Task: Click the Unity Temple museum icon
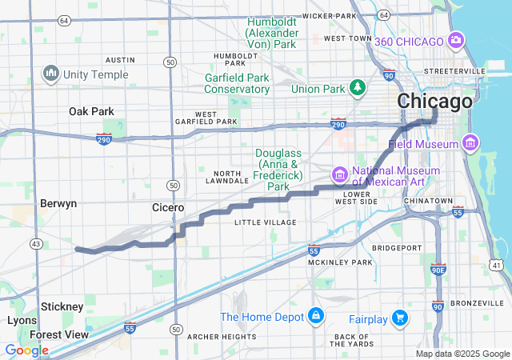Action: (x=52, y=74)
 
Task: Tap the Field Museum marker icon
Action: (x=470, y=144)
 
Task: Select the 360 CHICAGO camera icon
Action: (x=456, y=40)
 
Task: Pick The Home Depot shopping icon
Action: (x=317, y=316)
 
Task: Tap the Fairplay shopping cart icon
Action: (x=400, y=319)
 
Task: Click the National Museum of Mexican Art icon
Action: (x=340, y=174)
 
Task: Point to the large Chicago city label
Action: (x=434, y=102)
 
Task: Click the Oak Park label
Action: (x=91, y=111)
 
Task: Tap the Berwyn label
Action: (x=58, y=203)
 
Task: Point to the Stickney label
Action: (x=62, y=306)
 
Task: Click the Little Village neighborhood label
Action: (x=265, y=222)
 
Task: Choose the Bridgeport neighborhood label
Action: (x=396, y=248)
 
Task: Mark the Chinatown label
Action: (x=429, y=200)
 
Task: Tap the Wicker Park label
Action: (x=329, y=15)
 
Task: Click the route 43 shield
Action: (x=35, y=243)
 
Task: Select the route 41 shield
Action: (x=498, y=265)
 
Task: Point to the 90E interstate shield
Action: (x=438, y=270)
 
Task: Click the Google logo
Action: (x=26, y=350)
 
